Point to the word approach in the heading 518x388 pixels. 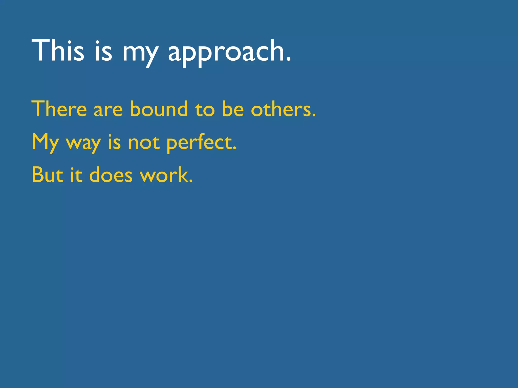(226, 52)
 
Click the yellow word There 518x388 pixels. (59, 109)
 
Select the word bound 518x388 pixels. (159, 109)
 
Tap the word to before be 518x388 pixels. (205, 110)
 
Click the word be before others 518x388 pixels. (233, 109)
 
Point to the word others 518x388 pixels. (281, 109)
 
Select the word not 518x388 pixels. (144, 143)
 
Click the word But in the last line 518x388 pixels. (47, 175)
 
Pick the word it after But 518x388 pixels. (76, 175)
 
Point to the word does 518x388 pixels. (111, 175)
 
